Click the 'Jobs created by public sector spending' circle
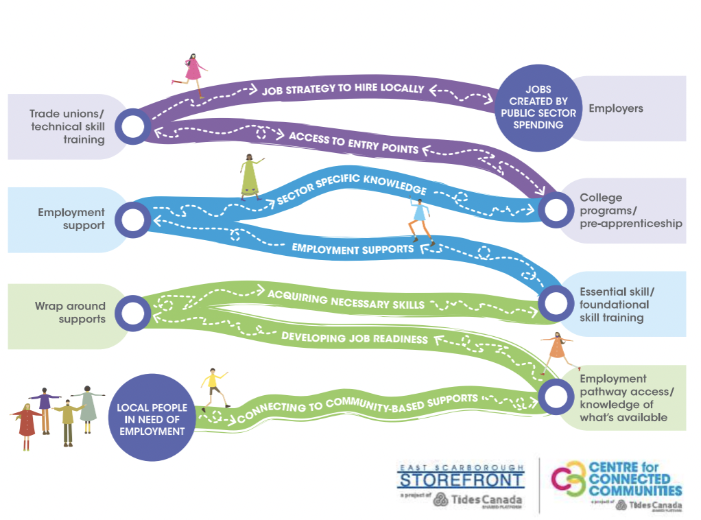[534, 108]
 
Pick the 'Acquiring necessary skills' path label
[346, 299]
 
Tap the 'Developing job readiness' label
[355, 338]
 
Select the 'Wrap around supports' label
[71, 312]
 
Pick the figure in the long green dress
[250, 176]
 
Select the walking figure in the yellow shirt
[214, 388]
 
